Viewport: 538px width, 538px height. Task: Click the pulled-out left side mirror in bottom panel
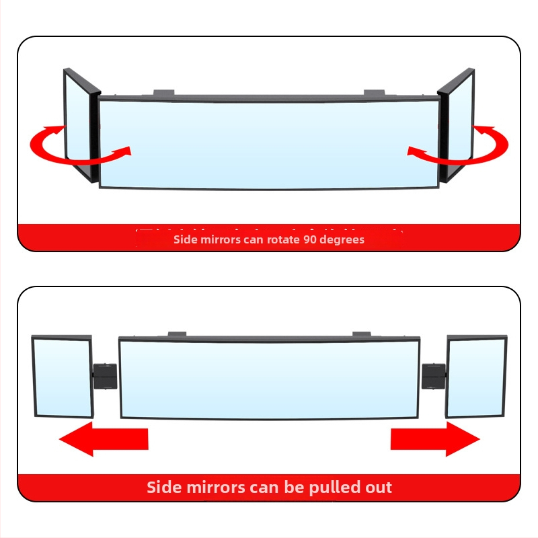click(x=62, y=377)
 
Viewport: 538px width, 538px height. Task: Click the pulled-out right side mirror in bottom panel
click(x=475, y=377)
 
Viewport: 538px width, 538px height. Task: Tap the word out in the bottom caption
click(x=377, y=488)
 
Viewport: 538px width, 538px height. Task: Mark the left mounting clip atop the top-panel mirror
click(x=164, y=92)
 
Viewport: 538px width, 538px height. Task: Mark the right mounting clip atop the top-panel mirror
click(x=374, y=92)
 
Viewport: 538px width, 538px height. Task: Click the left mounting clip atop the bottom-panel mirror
click(x=177, y=333)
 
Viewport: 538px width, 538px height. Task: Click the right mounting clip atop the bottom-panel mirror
click(x=362, y=333)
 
